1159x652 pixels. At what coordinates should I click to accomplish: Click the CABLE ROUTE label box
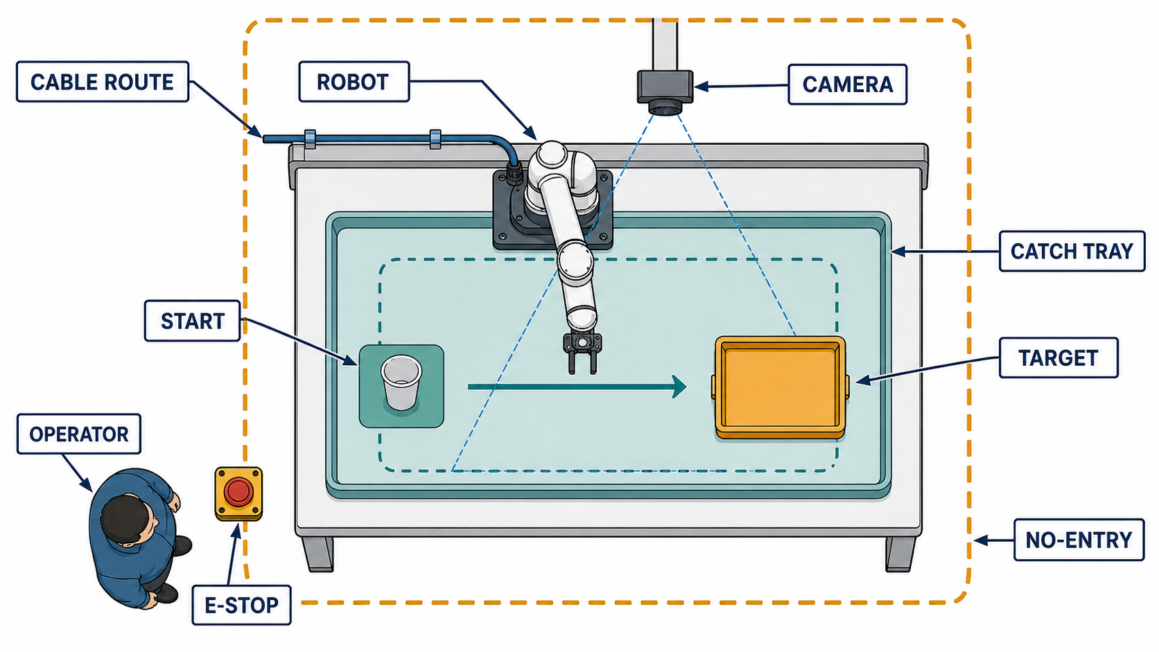(x=103, y=82)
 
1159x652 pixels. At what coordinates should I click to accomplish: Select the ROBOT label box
(x=354, y=82)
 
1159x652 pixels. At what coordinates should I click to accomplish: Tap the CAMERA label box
(x=847, y=85)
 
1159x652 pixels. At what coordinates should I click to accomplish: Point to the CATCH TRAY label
(x=1072, y=252)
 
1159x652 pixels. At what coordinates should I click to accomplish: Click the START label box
(x=193, y=321)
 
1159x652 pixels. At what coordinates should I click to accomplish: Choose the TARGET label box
(x=1058, y=358)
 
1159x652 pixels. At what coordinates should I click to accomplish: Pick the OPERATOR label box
(x=78, y=434)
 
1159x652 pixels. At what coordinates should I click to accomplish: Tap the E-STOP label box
(x=241, y=604)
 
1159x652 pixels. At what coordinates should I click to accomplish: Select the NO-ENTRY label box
(x=1079, y=540)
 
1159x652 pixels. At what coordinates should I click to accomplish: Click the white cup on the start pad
(x=401, y=382)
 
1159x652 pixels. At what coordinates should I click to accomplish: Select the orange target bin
(x=781, y=387)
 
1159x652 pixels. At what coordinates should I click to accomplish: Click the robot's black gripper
(x=582, y=352)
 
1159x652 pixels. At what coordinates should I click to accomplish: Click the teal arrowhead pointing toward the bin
(x=679, y=387)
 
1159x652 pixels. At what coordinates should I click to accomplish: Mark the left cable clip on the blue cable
(x=310, y=139)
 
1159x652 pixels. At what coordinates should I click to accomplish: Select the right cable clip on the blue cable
(x=435, y=139)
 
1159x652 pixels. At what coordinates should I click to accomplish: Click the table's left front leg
(x=317, y=554)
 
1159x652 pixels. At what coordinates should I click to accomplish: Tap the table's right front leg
(x=900, y=554)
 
